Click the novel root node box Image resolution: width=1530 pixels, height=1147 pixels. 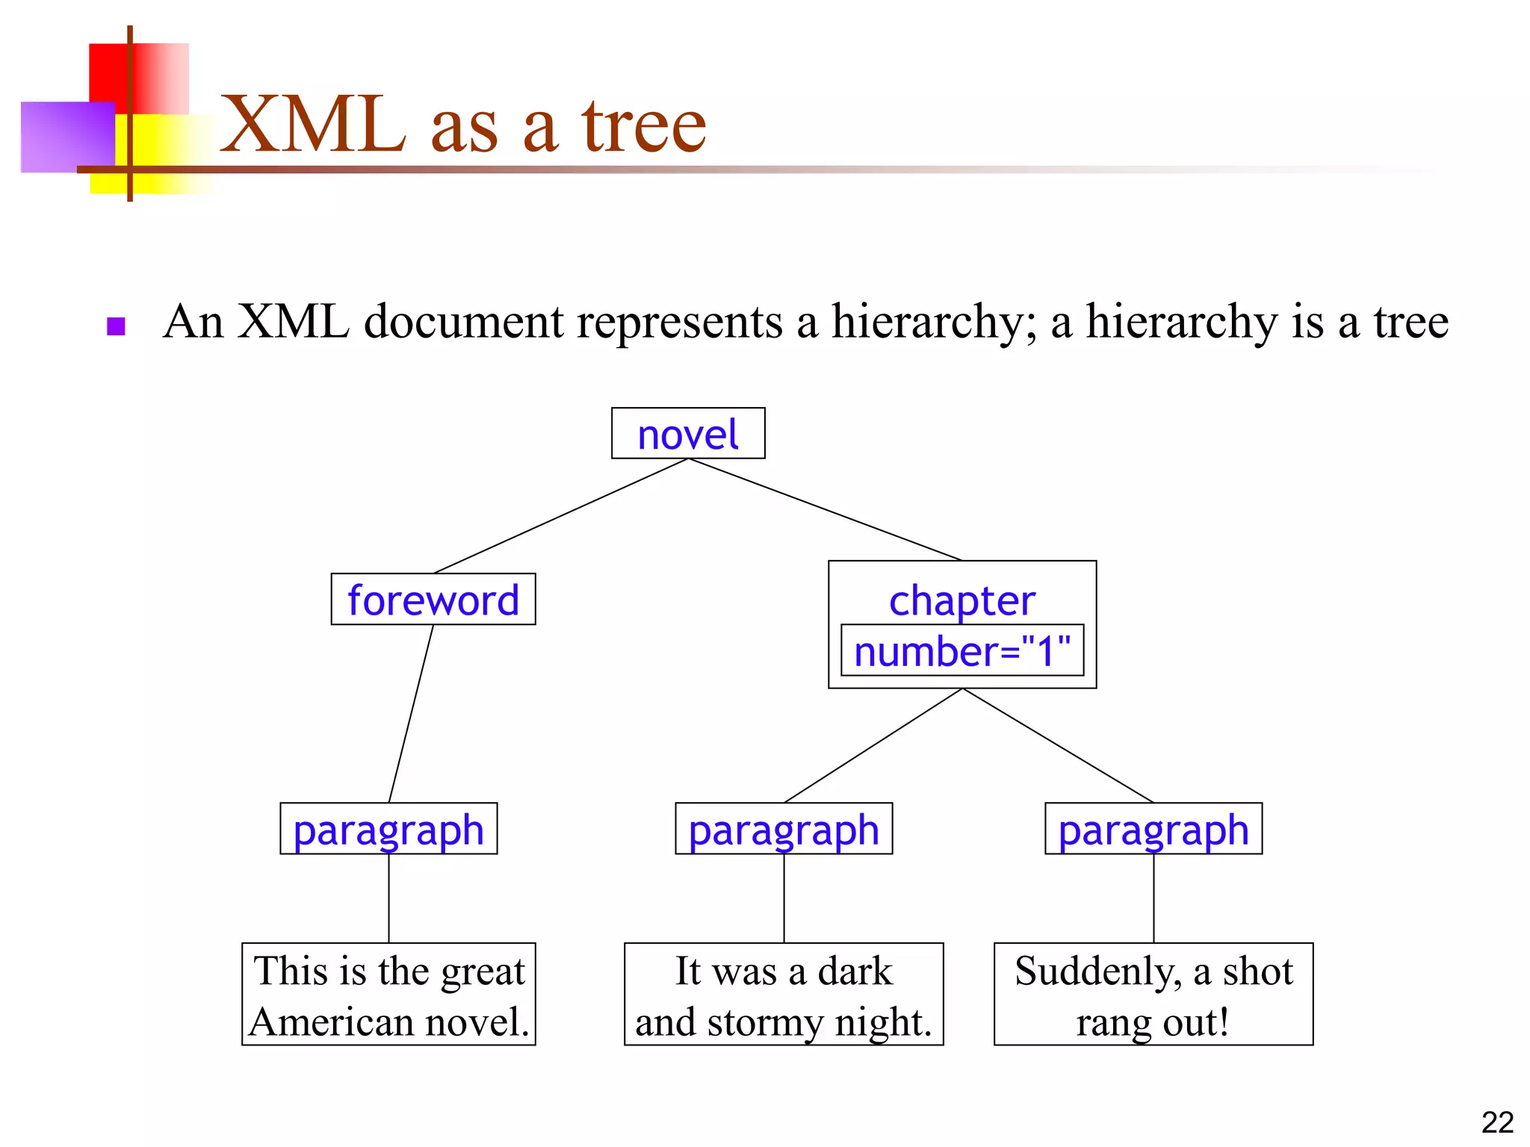click(x=687, y=433)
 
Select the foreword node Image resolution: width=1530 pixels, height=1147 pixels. click(x=433, y=600)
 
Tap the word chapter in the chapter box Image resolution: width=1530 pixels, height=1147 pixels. click(x=962, y=600)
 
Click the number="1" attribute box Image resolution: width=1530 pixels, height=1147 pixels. click(x=962, y=650)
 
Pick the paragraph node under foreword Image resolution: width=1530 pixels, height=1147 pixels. click(x=388, y=829)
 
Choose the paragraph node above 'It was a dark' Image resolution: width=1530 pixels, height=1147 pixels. click(x=784, y=829)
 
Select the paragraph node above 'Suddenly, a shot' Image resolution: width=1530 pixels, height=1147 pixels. click(x=1153, y=829)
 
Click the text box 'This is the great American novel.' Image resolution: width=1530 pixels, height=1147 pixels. click(x=388, y=995)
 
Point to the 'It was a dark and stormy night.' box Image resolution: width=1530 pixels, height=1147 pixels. click(x=784, y=995)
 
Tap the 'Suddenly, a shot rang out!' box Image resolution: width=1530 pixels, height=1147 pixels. click(x=1153, y=995)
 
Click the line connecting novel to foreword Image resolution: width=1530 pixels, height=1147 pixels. click(x=560, y=516)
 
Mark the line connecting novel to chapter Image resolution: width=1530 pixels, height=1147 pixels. click(x=825, y=509)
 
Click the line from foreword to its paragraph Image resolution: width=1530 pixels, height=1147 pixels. click(x=411, y=713)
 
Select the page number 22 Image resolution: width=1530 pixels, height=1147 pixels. click(x=1497, y=1122)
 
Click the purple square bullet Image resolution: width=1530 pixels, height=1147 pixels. click(x=116, y=326)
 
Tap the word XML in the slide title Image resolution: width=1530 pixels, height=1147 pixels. click(x=314, y=125)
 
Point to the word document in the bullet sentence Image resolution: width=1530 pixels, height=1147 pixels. click(x=463, y=323)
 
